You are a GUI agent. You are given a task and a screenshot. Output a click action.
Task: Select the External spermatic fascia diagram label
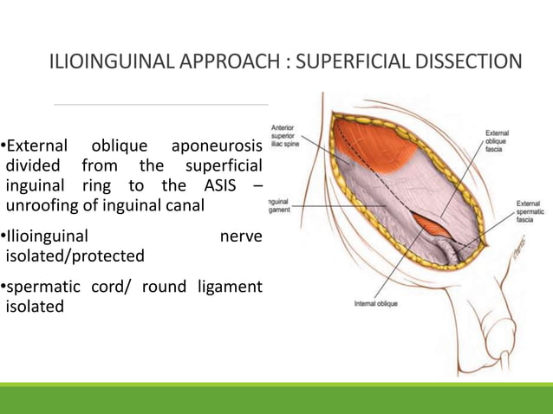coord(529,210)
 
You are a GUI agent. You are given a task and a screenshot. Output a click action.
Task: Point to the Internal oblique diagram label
coord(375,304)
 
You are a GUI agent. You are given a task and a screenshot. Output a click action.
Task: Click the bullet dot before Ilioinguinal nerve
coord(3,236)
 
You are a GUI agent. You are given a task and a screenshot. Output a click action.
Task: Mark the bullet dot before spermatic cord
coord(3,286)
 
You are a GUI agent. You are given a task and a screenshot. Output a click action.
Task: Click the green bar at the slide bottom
coord(276,399)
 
